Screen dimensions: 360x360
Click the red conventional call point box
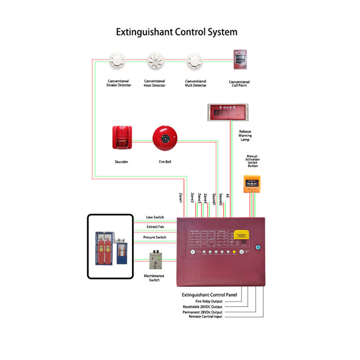(240, 59)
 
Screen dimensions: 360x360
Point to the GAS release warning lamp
(228, 112)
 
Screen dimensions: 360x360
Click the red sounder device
(122, 137)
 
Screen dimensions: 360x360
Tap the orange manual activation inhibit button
(252, 184)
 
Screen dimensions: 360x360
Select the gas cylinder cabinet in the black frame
(110, 246)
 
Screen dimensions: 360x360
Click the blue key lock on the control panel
(258, 247)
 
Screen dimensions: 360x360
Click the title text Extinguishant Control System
(176, 32)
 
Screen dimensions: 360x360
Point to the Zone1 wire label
(180, 197)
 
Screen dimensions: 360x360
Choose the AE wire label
(228, 196)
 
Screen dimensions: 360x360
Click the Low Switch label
(155, 217)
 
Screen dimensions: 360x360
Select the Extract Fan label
(155, 227)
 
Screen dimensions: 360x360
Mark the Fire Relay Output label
(209, 301)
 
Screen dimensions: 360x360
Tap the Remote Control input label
(205, 317)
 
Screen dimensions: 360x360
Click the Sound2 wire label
(221, 199)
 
